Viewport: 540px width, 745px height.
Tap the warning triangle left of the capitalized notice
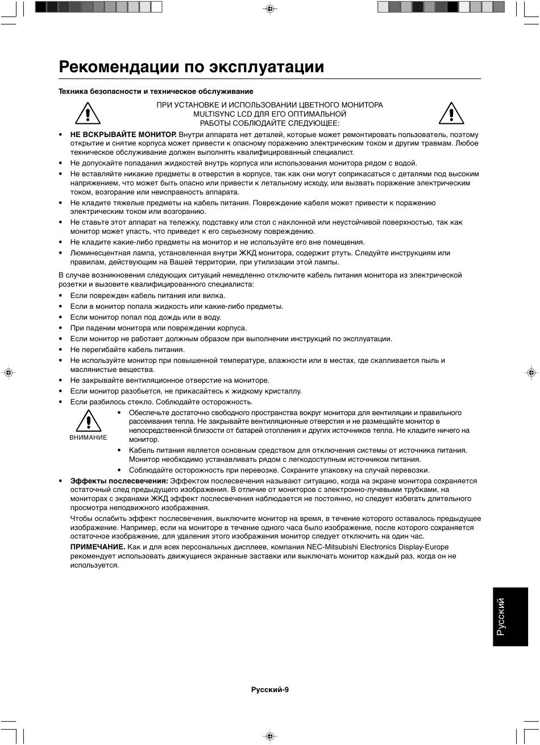click(88, 113)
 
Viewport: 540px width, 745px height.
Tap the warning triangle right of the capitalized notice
click(451, 113)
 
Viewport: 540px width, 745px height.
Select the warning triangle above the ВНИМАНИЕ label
click(88, 421)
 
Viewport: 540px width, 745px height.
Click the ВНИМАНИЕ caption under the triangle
click(88, 437)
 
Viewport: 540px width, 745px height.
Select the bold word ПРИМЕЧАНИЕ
click(97, 547)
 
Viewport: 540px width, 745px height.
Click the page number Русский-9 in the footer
click(270, 690)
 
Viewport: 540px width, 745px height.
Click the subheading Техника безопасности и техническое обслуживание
click(156, 92)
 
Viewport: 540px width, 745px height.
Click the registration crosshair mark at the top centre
click(270, 9)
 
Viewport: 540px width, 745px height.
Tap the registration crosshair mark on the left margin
click(9, 372)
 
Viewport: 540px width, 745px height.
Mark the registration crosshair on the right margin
click(531, 372)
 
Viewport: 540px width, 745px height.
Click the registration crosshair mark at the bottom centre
click(270, 736)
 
